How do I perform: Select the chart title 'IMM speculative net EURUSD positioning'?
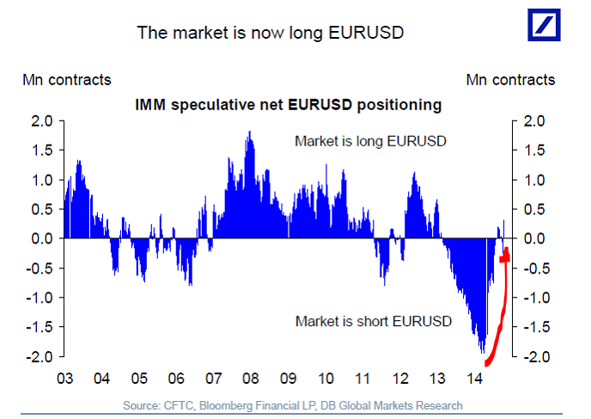tap(288, 105)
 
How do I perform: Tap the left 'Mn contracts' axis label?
tap(67, 80)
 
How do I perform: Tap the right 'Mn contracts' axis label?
tap(510, 80)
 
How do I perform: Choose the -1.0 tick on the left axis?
tap(40, 298)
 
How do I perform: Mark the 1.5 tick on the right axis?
tap(534, 151)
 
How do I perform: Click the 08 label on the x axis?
tap(251, 379)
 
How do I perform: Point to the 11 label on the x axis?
tap(363, 379)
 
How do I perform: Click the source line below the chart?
tap(293, 404)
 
